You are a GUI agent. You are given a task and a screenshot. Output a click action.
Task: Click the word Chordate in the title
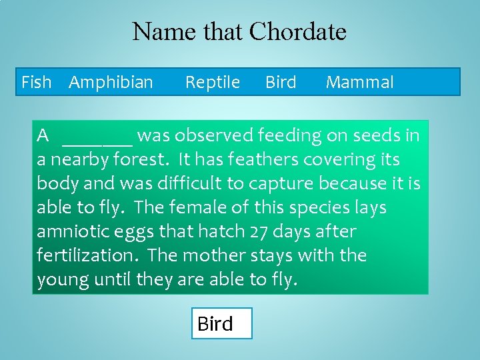click(297, 31)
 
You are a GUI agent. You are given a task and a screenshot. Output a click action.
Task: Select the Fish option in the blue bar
click(36, 82)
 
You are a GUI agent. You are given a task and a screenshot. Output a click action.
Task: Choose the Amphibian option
click(111, 82)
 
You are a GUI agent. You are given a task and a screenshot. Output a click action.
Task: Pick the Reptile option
click(212, 82)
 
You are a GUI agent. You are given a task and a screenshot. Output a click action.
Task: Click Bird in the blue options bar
click(281, 82)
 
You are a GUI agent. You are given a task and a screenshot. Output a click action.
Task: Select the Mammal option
click(359, 82)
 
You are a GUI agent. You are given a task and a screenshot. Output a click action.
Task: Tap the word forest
click(141, 160)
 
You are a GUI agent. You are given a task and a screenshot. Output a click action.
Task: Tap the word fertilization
click(89, 256)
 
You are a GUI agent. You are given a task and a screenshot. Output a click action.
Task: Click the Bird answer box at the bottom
click(221, 323)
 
